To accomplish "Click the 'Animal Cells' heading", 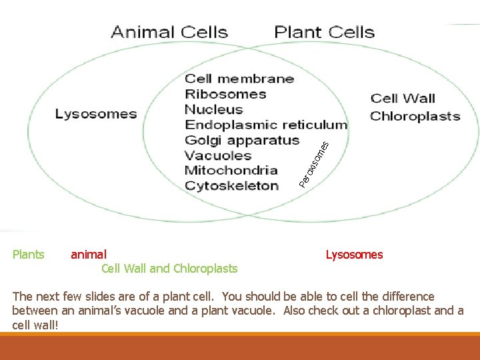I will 169,32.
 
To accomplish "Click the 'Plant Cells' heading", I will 324,32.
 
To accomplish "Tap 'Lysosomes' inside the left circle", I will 96,114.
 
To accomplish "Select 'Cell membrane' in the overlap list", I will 239,79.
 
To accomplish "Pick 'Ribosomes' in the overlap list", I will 225,95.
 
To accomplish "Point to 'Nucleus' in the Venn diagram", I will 213,110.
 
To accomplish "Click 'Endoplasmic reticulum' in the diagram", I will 265,125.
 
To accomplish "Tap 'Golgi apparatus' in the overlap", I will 242,140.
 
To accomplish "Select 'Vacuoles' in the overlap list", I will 218,155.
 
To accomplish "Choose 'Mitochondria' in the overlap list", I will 231,170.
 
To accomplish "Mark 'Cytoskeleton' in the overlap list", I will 231,185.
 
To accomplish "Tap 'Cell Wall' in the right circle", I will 403,99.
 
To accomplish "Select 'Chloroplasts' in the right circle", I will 415,116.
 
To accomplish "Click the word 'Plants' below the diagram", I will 29,254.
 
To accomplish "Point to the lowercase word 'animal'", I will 88,254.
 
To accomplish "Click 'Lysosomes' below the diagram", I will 354,254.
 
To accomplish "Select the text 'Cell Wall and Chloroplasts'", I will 169,269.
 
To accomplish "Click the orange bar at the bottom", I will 240,347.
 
